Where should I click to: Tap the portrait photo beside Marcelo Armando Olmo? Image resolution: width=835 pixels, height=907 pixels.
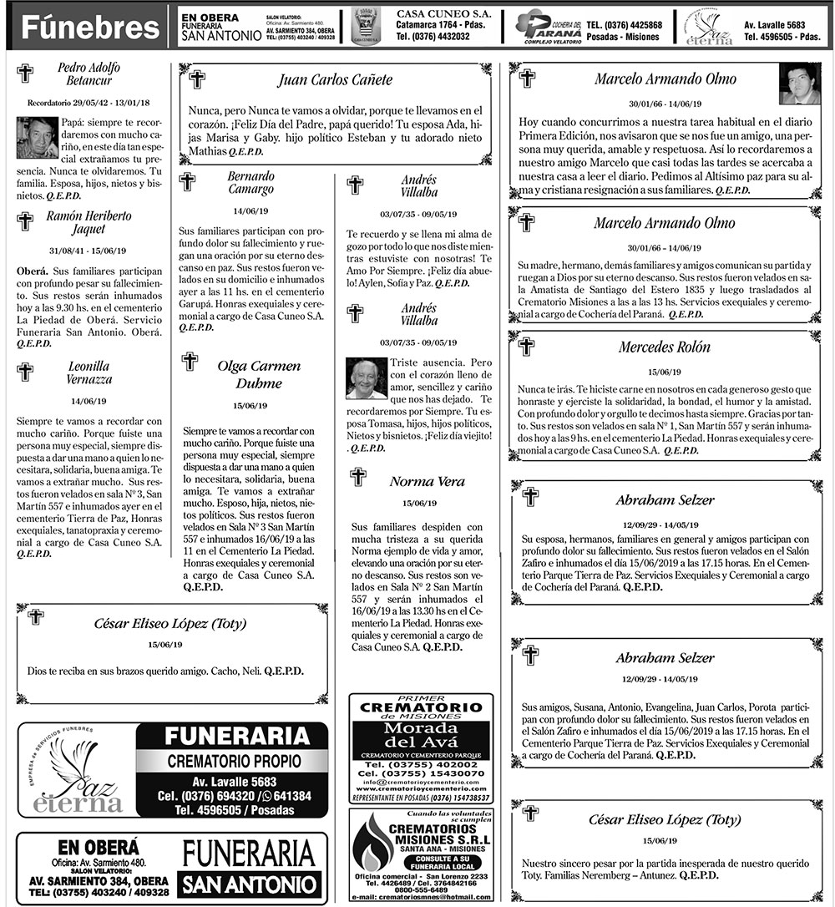pos(799,84)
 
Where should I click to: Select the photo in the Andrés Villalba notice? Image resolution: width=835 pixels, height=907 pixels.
pos(367,379)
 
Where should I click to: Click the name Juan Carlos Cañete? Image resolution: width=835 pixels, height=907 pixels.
pos(334,80)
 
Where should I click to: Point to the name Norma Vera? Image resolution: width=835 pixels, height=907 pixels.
pos(427,482)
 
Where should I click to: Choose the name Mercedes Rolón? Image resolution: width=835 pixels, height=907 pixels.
pos(664,347)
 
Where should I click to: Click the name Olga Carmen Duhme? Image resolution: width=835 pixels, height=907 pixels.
pos(259,375)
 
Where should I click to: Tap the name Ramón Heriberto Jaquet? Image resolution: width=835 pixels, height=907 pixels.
pos(88,222)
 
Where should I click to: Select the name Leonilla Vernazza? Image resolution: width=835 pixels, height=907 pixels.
pos(89,372)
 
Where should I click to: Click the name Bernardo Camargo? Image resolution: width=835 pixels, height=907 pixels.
pos(250,183)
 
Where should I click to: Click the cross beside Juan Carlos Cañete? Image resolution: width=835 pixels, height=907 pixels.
pos(197,79)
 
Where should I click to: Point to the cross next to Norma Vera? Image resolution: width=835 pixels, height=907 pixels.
pos(357,477)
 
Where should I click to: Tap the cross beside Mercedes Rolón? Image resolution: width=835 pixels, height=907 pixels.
pos(527,345)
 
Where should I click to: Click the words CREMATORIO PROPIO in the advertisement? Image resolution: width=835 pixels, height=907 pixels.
pos(230,761)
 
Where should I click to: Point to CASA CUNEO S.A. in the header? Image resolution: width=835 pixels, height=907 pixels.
pos(443,15)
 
